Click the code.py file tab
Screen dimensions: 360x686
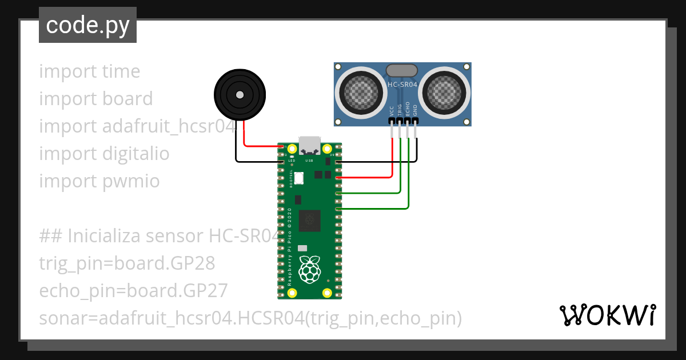coord(87,25)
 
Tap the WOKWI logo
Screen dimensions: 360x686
coord(607,315)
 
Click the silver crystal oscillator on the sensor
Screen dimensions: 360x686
coord(402,71)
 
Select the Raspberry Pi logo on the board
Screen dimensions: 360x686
coord(309,269)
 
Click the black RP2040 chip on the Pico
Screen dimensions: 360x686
coord(310,219)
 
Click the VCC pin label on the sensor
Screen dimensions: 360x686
coord(392,110)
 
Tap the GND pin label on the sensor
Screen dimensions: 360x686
coord(416,110)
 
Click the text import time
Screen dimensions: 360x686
coord(89,71)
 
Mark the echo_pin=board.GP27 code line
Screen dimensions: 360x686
coord(133,291)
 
